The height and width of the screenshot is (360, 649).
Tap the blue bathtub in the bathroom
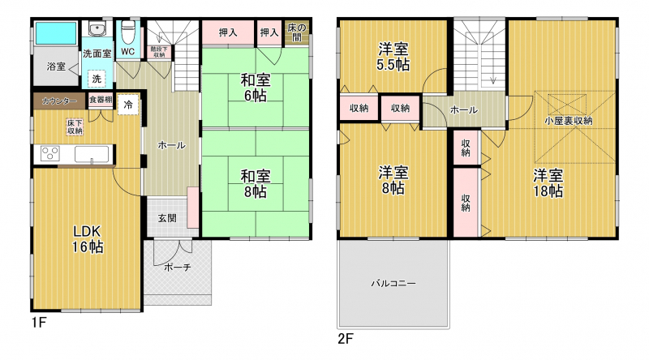[56, 33]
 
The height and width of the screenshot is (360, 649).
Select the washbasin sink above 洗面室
[97, 29]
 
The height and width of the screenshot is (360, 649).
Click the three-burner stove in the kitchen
[50, 154]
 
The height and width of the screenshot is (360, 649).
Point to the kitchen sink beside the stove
[92, 154]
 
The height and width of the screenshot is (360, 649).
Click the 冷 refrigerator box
[128, 105]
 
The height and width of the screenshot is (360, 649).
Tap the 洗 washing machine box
[97, 79]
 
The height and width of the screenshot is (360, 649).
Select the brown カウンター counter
[59, 101]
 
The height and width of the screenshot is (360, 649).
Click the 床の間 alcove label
[297, 32]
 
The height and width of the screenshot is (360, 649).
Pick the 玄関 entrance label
[167, 218]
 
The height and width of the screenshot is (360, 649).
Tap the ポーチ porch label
[178, 268]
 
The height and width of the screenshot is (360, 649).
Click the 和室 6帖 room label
[256, 88]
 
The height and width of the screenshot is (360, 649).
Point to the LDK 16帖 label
[88, 239]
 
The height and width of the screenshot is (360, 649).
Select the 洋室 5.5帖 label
[393, 57]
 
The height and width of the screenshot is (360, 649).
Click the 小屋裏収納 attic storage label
[569, 121]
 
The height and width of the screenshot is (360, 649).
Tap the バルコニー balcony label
[393, 284]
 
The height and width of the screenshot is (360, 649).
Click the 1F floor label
[39, 323]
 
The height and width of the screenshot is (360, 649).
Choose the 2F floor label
[346, 339]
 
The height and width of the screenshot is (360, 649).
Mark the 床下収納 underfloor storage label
[75, 127]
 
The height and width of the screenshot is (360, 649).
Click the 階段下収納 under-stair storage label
[159, 52]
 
